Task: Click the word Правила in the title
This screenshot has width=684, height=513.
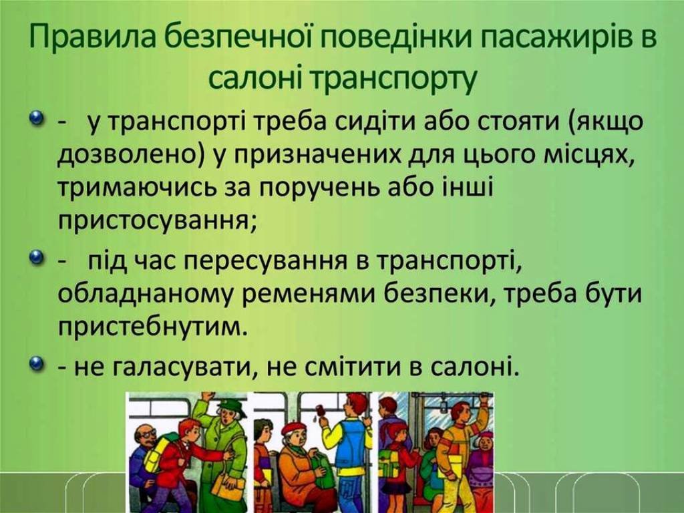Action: pos(94,37)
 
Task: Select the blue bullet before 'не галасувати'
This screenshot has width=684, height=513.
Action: pos(38,363)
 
